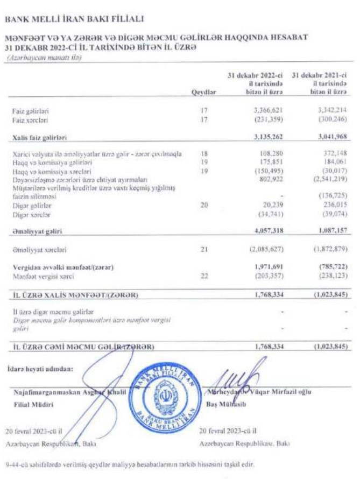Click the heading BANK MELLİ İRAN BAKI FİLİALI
tap(74, 19)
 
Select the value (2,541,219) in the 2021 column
tap(329, 178)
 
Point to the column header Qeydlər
tap(203, 93)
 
